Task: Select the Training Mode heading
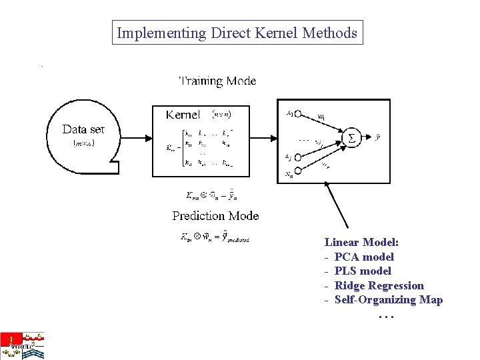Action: pos(217,81)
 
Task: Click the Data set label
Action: pos(83,129)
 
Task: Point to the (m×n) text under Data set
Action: pos(83,143)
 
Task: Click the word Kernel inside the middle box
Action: pos(183,115)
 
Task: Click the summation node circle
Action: pos(351,138)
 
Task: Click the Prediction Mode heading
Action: pos(215,215)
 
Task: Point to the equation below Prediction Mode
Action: pos(215,238)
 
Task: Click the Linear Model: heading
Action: pos(361,243)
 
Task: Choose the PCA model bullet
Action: pos(364,257)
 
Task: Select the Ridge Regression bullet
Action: pos(379,285)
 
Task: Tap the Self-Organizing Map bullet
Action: pos(388,299)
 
